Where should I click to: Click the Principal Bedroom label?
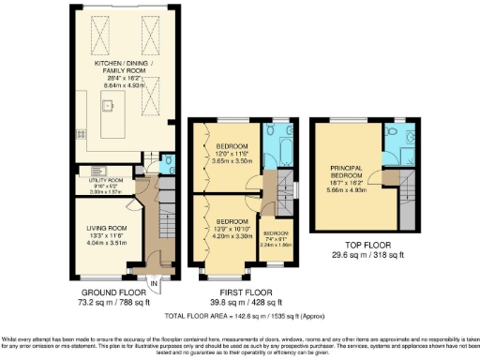pos(346,175)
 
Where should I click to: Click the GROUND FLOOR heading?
pos(104,292)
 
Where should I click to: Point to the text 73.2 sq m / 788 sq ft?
pos(104,304)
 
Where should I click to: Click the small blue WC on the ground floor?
pos(165,161)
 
